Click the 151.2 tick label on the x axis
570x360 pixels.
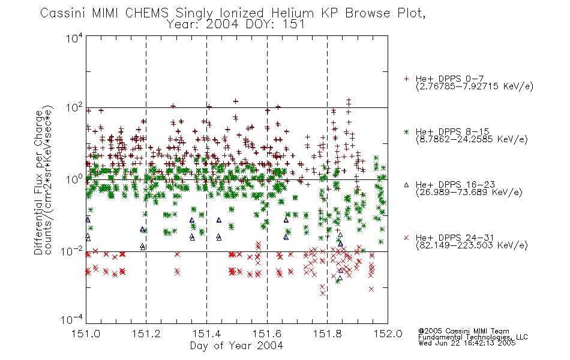(146, 334)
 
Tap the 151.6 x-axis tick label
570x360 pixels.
(267, 334)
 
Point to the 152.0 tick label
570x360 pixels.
(388, 334)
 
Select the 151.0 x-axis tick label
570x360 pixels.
(86, 334)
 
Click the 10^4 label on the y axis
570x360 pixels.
(74, 38)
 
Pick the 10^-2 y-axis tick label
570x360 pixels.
(73, 251)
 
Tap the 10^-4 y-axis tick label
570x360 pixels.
(73, 320)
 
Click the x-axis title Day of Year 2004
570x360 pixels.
(236, 346)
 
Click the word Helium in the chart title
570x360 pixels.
(293, 13)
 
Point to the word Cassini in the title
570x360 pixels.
(63, 13)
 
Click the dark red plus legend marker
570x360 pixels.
(406, 79)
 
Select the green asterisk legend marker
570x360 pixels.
(406, 131)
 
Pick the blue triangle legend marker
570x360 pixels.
(406, 185)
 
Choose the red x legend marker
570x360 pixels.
(406, 238)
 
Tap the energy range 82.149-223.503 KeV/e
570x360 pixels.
(472, 245)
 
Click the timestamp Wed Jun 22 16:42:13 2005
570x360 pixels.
(467, 343)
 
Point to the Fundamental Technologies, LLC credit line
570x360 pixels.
(473, 337)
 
